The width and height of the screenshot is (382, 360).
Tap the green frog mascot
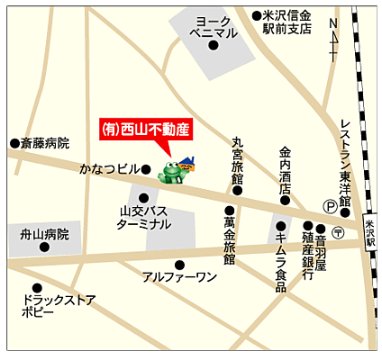point(169,171)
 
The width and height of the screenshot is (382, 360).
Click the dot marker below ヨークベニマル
point(214,46)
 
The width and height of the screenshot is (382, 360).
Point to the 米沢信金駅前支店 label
point(286,22)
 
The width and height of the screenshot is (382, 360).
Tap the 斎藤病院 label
point(45,143)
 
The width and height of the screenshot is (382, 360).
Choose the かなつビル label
point(109,168)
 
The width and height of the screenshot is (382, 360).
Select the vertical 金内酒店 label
point(285,164)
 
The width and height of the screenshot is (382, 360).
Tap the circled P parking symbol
point(330,206)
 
